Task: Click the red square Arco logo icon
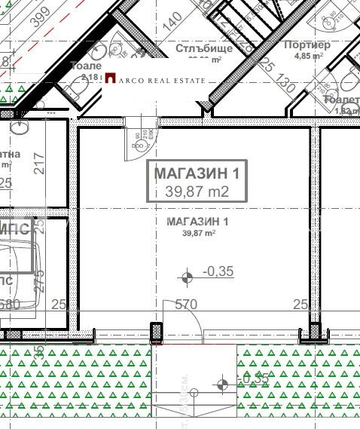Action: pyautogui.click(x=110, y=78)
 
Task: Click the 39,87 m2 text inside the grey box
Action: pyautogui.click(x=197, y=192)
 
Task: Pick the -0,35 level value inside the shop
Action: pyautogui.click(x=219, y=273)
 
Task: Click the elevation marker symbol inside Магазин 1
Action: pyautogui.click(x=187, y=276)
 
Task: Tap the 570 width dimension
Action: pyautogui.click(x=185, y=305)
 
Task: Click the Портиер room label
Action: pyautogui.click(x=308, y=44)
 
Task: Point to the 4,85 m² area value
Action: pyautogui.click(x=308, y=56)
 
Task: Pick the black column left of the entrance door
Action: pyautogui.click(x=157, y=332)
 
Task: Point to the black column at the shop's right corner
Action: pyautogui.click(x=315, y=332)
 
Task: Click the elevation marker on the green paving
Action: pyautogui.click(x=222, y=385)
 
